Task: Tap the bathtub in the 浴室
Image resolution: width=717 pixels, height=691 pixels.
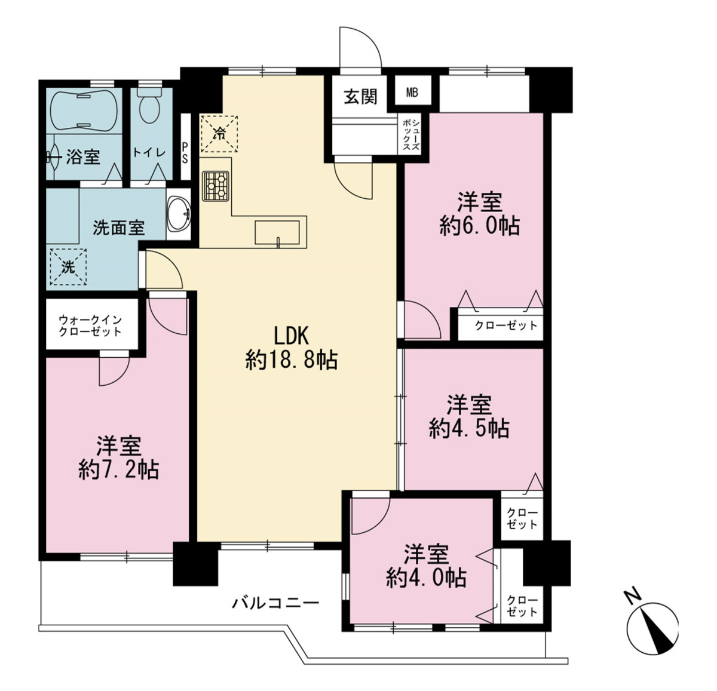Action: [84, 110]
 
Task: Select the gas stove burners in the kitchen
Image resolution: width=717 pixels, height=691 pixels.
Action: [216, 186]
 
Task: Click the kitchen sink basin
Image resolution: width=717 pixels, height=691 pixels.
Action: [277, 232]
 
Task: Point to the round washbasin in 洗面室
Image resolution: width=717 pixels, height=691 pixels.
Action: [178, 214]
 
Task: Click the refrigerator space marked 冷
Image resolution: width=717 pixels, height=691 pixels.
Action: [219, 134]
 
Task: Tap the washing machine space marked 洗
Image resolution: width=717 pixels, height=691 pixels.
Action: [68, 267]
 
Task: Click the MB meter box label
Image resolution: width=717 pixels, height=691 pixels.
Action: [412, 93]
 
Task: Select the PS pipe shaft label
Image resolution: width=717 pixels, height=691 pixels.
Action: [185, 152]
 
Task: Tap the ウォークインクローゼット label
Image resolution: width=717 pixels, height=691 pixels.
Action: [90, 325]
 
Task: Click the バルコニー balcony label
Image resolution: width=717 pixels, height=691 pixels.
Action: [275, 603]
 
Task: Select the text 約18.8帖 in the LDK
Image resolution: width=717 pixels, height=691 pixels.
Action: [292, 360]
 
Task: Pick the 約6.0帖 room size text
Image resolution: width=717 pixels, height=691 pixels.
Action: [480, 226]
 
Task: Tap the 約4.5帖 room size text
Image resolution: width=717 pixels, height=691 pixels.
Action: [470, 429]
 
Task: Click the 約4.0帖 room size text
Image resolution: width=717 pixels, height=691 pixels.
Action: [426, 578]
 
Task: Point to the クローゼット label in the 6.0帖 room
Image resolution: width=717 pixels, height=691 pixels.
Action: [506, 325]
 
